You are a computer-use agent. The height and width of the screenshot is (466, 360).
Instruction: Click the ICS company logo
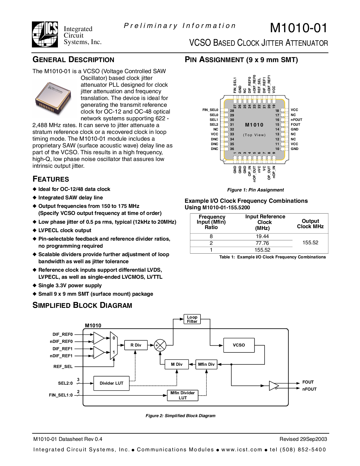pyautogui.click(x=45, y=34)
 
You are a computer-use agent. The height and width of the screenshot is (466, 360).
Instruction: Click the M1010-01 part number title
pyautogui.click(x=298, y=28)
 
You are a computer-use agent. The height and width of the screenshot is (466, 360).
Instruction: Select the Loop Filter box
pyautogui.click(x=192, y=319)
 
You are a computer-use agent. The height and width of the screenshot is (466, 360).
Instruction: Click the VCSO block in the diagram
pyautogui.click(x=239, y=345)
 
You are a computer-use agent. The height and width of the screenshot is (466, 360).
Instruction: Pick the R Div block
pyautogui.click(x=136, y=345)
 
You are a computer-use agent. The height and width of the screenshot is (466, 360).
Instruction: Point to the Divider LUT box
pyautogui.click(x=112, y=383)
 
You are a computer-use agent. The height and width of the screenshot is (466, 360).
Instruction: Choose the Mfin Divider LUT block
pyautogui.click(x=183, y=395)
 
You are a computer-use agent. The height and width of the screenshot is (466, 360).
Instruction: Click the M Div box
pyautogui.click(x=177, y=364)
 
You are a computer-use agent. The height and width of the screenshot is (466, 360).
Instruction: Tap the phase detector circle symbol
pyautogui.click(x=160, y=345)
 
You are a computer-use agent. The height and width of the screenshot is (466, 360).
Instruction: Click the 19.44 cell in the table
pyautogui.click(x=262, y=236)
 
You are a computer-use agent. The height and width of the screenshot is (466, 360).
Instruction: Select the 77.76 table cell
pyautogui.click(x=262, y=243)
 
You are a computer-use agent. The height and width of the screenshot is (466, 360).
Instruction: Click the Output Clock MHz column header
pyautogui.click(x=310, y=224)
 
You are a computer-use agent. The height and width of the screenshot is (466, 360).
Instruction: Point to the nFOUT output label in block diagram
pyautogui.click(x=309, y=389)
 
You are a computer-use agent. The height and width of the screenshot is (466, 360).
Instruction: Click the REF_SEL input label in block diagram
pyautogui.click(x=63, y=367)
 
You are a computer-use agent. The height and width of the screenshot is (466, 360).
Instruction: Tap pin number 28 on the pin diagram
pyautogui.click(x=232, y=111)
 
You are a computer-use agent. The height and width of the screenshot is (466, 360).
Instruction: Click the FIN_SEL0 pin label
pyautogui.click(x=210, y=110)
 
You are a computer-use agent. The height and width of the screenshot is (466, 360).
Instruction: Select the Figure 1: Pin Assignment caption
pyautogui.click(x=255, y=190)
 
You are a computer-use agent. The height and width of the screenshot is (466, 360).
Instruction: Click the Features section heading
pyautogui.click(x=51, y=179)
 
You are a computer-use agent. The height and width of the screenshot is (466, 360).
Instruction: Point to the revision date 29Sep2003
pyautogui.click(x=313, y=439)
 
